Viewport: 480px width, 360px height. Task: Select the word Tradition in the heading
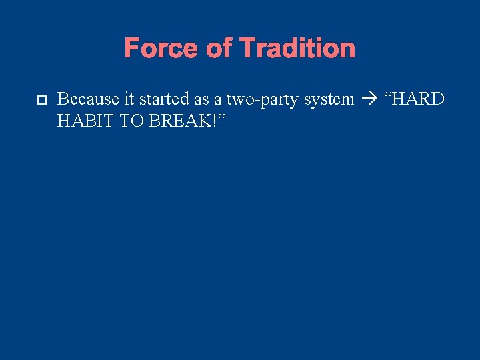pos(297,49)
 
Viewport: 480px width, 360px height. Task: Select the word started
pos(159,99)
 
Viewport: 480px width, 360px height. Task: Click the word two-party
pos(255,100)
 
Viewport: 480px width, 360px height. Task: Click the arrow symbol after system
pos(368,100)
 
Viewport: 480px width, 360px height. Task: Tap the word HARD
pos(417,99)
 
